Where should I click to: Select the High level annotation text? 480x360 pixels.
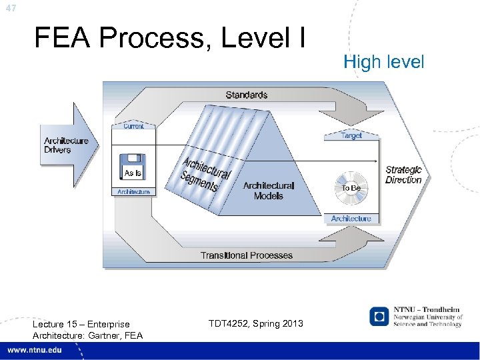pyautogui.click(x=383, y=62)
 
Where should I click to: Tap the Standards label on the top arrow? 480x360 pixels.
pyautogui.click(x=246, y=95)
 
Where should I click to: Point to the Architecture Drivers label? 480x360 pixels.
pyautogui.click(x=66, y=145)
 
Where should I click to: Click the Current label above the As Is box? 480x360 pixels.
pyautogui.click(x=133, y=126)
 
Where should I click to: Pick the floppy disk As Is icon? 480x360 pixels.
pyautogui.click(x=133, y=167)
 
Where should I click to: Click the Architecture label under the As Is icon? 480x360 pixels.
pyautogui.click(x=134, y=192)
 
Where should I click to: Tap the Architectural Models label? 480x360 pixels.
pyautogui.click(x=268, y=191)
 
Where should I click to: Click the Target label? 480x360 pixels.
pyautogui.click(x=351, y=135)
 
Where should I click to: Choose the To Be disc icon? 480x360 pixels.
pyautogui.click(x=351, y=187)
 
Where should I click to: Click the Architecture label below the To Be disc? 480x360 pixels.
pyautogui.click(x=351, y=219)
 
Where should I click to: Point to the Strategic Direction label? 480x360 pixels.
pyautogui.click(x=403, y=175)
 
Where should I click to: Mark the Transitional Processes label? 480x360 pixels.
pyautogui.click(x=247, y=255)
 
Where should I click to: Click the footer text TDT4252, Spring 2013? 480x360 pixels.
pyautogui.click(x=255, y=323)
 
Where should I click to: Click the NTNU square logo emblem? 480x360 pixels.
pyautogui.click(x=380, y=316)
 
